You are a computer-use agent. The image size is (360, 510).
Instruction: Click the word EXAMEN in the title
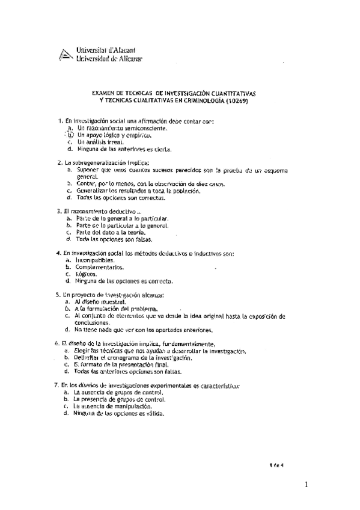tap(105, 94)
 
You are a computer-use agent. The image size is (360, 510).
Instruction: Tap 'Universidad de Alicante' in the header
tap(108, 59)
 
